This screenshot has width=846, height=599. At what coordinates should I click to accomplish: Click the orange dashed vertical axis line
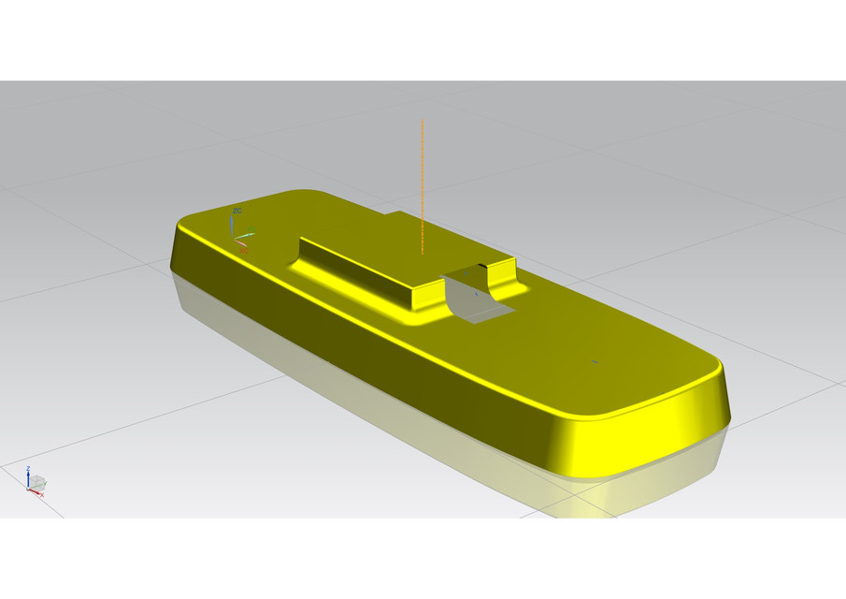423,187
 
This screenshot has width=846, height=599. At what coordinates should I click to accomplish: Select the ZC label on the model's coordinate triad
237,212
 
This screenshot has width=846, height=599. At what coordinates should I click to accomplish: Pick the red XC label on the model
244,250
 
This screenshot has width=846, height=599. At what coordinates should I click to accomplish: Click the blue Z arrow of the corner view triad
28,473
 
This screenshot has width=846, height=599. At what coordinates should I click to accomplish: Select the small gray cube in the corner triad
39,483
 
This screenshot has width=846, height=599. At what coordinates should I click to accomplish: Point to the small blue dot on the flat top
595,360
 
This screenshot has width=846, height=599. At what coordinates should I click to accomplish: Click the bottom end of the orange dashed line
423,253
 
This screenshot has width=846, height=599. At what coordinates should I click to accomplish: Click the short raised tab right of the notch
503,274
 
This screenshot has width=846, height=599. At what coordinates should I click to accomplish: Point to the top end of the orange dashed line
423,122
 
